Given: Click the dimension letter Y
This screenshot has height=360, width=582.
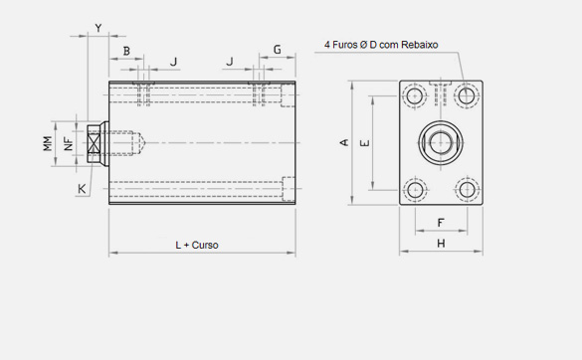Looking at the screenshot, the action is click(x=98, y=28).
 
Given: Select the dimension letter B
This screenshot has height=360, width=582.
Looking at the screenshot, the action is click(x=126, y=51).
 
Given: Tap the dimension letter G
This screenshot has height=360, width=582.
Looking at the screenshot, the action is click(x=278, y=50).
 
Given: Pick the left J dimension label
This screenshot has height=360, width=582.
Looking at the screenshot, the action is click(x=173, y=62).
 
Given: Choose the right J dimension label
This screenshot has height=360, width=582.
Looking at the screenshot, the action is click(x=230, y=62).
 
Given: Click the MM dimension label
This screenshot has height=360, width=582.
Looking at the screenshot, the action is click(x=48, y=143).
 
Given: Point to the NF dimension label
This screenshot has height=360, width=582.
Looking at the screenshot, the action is click(x=69, y=143).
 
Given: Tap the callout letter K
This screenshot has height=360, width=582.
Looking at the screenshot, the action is click(x=82, y=189).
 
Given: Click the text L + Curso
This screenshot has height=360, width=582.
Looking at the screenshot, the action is click(x=197, y=245).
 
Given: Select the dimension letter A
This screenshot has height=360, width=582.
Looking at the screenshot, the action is click(x=344, y=142).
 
